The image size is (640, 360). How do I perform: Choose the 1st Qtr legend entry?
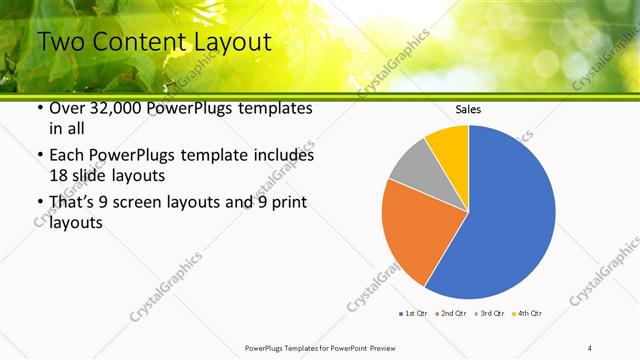(414, 314)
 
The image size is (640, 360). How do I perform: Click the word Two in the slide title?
(60, 42)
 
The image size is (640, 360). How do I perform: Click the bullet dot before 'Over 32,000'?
(38, 109)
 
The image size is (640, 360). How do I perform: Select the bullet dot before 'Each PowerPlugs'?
(38, 156)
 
